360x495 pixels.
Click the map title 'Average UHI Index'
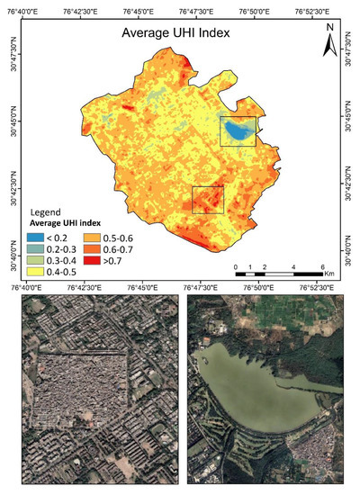pyautogui.click(x=176, y=33)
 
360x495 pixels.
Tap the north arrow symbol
pyautogui.click(x=330, y=40)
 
